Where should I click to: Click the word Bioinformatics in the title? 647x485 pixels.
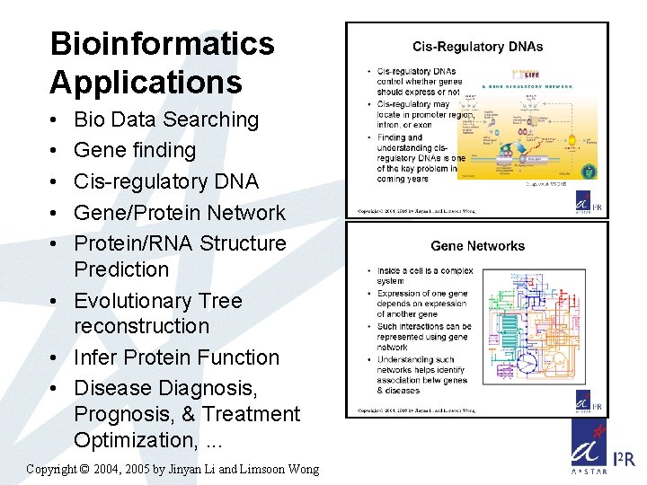pos(162,43)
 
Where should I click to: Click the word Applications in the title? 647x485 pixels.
pos(146,83)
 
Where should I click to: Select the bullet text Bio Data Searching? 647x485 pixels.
pos(166,119)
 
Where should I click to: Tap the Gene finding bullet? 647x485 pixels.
pos(135,150)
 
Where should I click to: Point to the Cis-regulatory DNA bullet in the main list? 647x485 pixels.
pos(166,181)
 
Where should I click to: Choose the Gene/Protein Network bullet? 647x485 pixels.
pos(180,213)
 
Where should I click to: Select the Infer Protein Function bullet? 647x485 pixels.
pos(177,357)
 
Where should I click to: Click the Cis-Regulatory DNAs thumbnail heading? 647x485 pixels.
pos(477,47)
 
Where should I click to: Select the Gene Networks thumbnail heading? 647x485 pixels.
pos(477,245)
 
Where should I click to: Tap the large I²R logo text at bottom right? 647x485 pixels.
pos(624,460)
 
